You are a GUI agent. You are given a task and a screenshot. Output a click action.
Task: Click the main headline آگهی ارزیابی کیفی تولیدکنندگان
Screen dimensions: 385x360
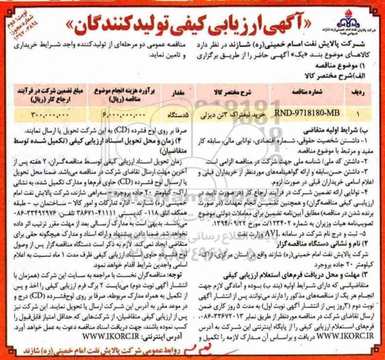point(194,21)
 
